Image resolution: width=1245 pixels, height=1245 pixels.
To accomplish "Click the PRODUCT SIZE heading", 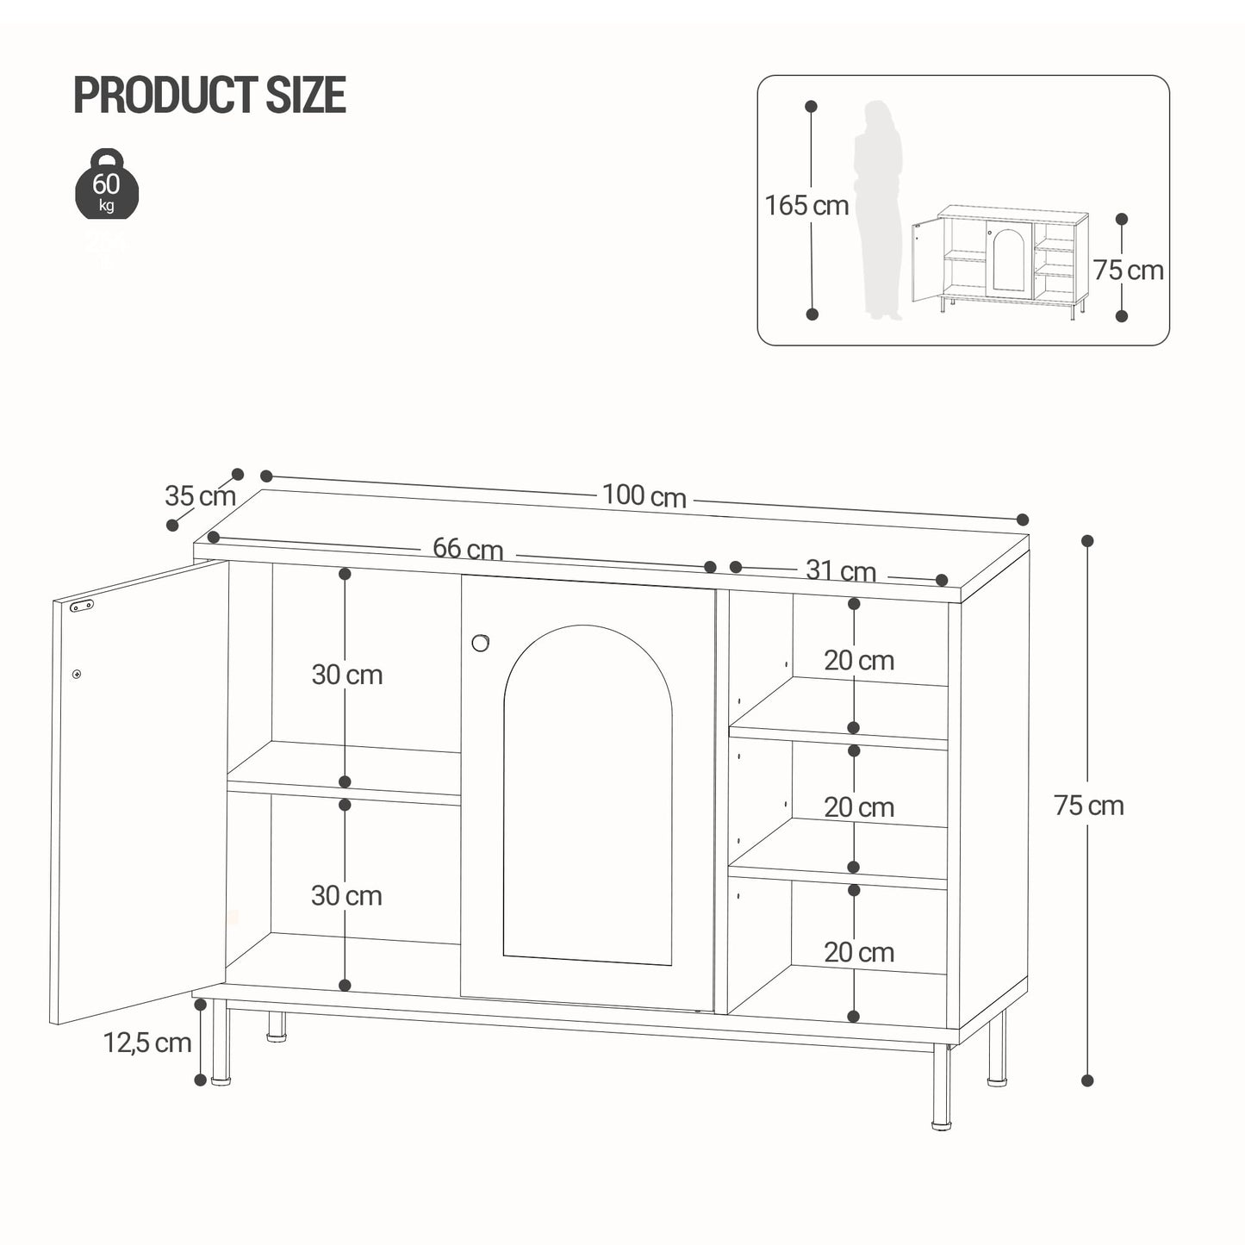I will (209, 95).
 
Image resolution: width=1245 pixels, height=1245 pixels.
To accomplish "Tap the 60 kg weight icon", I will (106, 184).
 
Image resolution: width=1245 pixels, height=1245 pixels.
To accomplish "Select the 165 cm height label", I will (806, 206).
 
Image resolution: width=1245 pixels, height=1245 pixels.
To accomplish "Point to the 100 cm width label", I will (644, 496).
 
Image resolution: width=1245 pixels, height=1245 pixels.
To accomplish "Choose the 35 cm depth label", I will (200, 496).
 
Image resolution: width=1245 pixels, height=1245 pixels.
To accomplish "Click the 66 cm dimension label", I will (468, 549).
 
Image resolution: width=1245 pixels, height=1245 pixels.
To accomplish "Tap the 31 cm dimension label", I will (840, 570).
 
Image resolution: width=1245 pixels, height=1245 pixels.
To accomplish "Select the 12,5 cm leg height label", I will (147, 1043).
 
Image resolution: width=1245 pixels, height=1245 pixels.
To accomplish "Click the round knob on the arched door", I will (481, 642).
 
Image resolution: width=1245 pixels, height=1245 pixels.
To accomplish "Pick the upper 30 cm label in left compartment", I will (347, 675).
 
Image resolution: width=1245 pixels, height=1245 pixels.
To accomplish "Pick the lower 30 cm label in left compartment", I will (346, 896).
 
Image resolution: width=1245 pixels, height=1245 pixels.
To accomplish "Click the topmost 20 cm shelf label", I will (859, 661).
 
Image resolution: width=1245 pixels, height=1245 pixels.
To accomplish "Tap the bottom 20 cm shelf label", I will (859, 952).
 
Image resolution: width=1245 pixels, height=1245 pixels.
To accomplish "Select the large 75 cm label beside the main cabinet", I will (1089, 806).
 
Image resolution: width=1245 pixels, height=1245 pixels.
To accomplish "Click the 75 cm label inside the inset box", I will (1129, 271).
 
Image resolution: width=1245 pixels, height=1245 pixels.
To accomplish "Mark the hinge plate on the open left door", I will (82, 606).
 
